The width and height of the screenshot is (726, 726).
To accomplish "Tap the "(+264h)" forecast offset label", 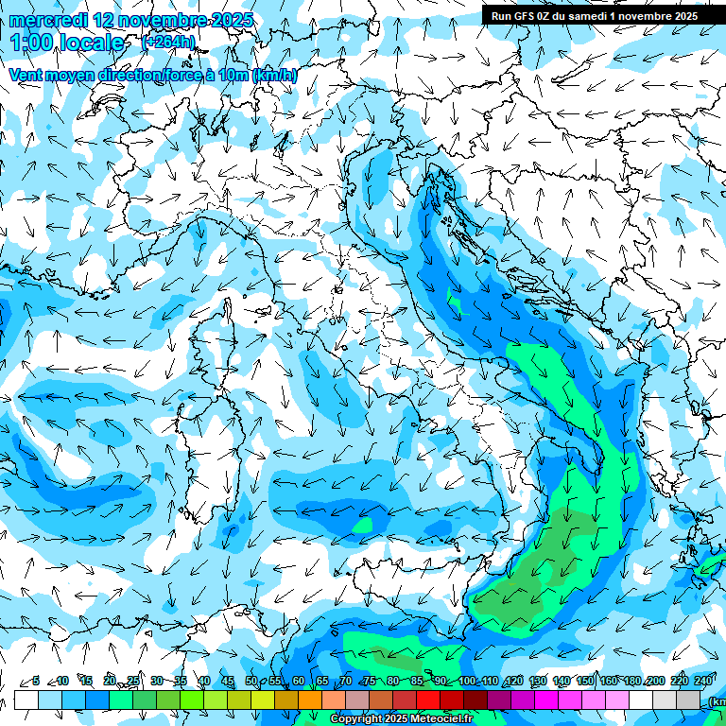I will (x=168, y=42).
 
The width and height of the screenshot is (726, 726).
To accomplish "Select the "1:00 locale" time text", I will (x=67, y=43).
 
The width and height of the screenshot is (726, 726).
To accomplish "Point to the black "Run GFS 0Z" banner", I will (x=594, y=16).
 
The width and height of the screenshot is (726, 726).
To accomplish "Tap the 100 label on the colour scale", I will (x=467, y=682).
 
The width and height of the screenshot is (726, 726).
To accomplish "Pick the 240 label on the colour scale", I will (x=702, y=682).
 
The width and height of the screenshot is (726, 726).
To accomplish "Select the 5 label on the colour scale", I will (x=36, y=682).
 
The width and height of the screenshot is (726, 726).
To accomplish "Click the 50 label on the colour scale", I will (x=251, y=682).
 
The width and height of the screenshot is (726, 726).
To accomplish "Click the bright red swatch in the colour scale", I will (x=428, y=700).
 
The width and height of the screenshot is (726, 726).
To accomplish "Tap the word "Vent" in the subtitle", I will (x=26, y=75).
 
